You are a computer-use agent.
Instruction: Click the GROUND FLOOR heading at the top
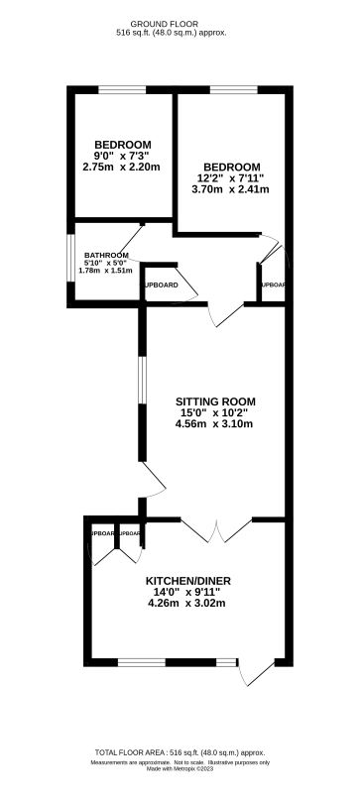click(180, 21)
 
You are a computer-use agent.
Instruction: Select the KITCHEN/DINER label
click(185, 580)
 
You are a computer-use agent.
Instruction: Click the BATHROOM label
click(106, 253)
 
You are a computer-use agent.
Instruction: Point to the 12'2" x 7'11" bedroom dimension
click(231, 178)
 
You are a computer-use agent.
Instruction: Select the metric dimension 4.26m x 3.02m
click(185, 603)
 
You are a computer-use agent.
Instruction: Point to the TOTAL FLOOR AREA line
click(180, 753)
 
